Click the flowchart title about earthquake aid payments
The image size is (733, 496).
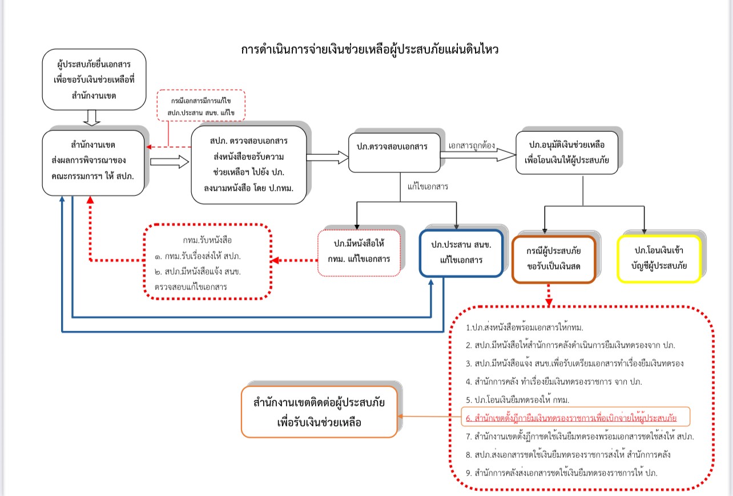click(x=370, y=50)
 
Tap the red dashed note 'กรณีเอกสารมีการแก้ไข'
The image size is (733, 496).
click(x=201, y=106)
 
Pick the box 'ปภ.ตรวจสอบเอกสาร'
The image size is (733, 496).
click(x=394, y=147)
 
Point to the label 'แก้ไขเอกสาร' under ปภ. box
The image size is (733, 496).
click(x=428, y=186)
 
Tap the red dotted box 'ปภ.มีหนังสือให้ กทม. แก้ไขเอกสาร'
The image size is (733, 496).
click(x=359, y=252)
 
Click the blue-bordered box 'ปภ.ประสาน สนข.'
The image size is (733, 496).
click(x=461, y=253)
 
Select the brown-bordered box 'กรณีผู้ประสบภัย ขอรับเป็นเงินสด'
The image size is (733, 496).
click(x=554, y=259)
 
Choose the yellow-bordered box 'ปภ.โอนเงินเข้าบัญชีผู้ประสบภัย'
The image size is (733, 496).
click(x=659, y=259)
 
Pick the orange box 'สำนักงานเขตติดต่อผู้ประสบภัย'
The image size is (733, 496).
click(x=319, y=412)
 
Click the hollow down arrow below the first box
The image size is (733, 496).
click(x=91, y=117)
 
